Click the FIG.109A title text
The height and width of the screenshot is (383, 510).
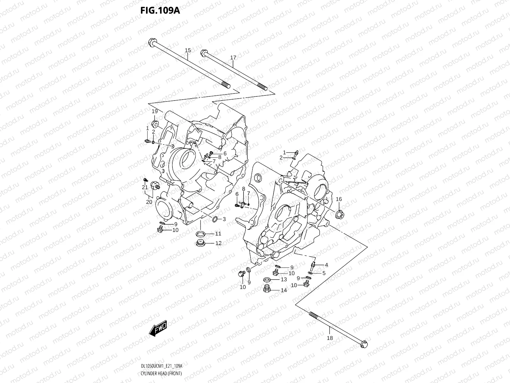pyautogui.click(x=160, y=11)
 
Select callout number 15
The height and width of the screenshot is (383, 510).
pyautogui.click(x=188, y=50)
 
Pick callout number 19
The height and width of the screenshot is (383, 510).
pyautogui.click(x=155, y=111)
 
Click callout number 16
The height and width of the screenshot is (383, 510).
pyautogui.click(x=339, y=199)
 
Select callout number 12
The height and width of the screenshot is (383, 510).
pyautogui.click(x=218, y=243)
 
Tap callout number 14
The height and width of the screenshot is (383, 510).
pyautogui.click(x=284, y=290)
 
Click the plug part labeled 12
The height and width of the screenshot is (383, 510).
pyautogui.click(x=200, y=243)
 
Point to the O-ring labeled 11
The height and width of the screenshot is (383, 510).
pyautogui.click(x=200, y=233)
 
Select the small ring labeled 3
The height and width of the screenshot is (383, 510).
pyautogui.click(x=215, y=219)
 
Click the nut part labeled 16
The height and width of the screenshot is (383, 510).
pyautogui.click(x=339, y=214)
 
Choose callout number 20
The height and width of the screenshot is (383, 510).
pyautogui.click(x=149, y=202)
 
